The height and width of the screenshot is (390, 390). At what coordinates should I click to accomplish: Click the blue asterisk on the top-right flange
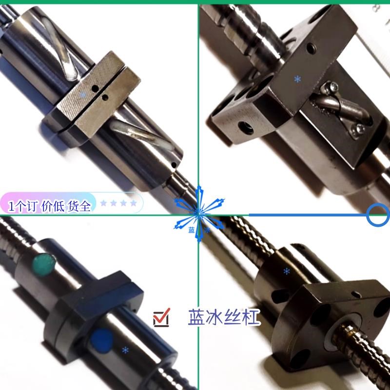(x=297, y=78)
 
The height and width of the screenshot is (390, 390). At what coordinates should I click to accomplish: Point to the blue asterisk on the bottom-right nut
(x=286, y=271)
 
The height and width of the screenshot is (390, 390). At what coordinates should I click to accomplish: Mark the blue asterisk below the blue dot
(x=125, y=349)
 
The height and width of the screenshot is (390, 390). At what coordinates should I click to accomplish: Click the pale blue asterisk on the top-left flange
(x=83, y=94)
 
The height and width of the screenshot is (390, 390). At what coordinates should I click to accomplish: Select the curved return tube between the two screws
(x=341, y=108)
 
